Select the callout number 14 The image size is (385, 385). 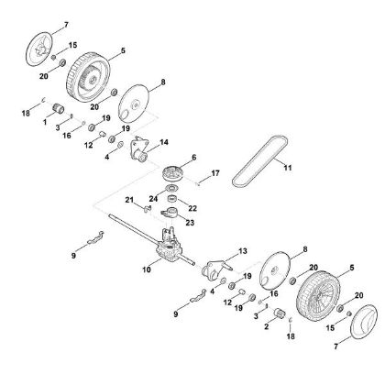pyautogui.click(x=165, y=143)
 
